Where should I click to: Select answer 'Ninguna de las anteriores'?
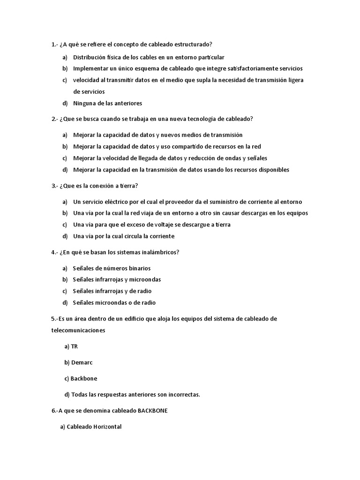(107, 103)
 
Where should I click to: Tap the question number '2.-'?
(55, 119)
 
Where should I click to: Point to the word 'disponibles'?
(272, 170)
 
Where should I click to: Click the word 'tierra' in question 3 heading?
(128, 186)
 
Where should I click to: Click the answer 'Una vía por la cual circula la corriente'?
(124, 236)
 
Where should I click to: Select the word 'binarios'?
(138, 268)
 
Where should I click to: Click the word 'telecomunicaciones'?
(78, 330)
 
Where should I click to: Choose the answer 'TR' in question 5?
(74, 346)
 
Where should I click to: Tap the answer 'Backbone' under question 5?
(84, 378)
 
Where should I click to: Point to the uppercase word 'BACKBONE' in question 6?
(153, 411)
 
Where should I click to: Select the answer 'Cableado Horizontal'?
(94, 427)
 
